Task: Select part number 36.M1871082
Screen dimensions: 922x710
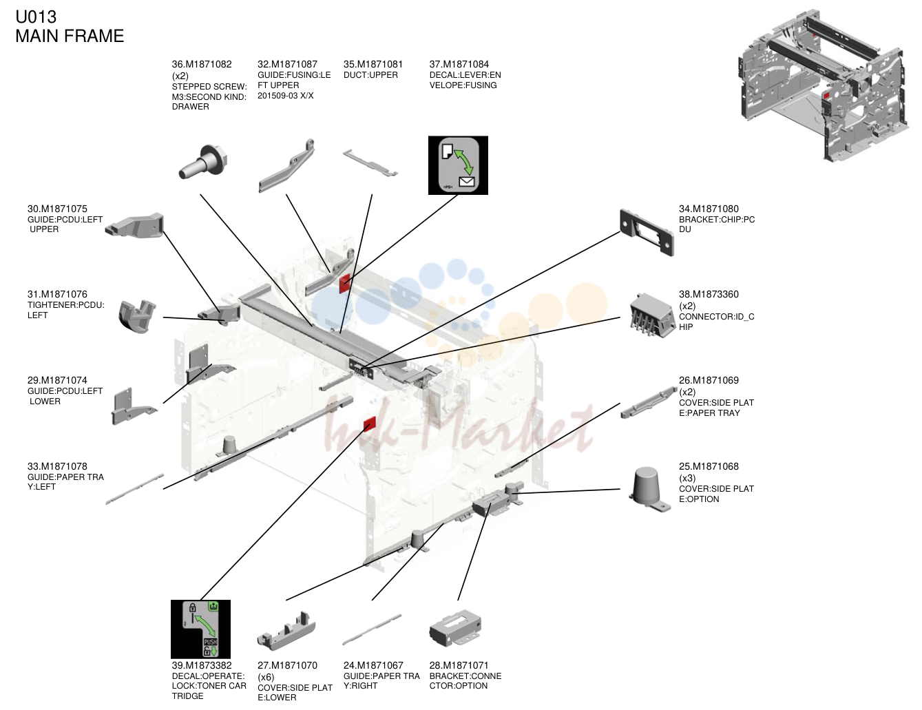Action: click(x=202, y=65)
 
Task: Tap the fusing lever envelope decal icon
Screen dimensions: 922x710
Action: click(x=458, y=165)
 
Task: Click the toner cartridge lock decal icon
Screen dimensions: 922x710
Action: click(x=200, y=629)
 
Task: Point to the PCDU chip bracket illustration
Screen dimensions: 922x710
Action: click(x=646, y=233)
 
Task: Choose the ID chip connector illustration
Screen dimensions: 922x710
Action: click(x=651, y=315)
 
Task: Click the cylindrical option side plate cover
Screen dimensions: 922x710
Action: click(x=648, y=489)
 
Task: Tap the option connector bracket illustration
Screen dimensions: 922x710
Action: click(x=455, y=629)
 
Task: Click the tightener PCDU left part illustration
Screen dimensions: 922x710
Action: click(x=136, y=316)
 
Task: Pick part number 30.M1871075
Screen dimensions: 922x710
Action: click(x=57, y=209)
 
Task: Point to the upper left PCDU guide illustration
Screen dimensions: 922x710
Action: click(x=135, y=225)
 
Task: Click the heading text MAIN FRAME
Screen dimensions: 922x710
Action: click(x=70, y=36)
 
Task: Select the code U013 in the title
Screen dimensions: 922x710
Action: click(x=36, y=17)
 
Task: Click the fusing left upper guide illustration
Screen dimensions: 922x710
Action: click(x=287, y=167)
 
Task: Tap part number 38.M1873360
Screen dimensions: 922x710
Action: click(x=709, y=294)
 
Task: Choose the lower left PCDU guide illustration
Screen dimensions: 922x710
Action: click(x=133, y=406)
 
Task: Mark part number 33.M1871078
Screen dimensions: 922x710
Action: click(x=57, y=466)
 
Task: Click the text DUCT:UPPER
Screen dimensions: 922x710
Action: click(x=370, y=75)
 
